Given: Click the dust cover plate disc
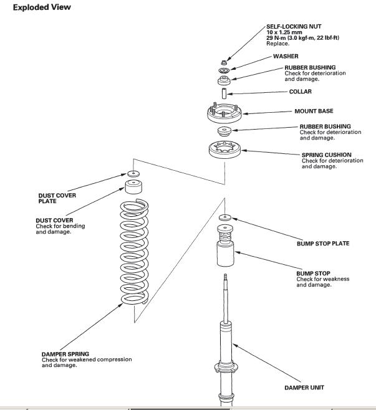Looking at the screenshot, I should (x=132, y=174).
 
